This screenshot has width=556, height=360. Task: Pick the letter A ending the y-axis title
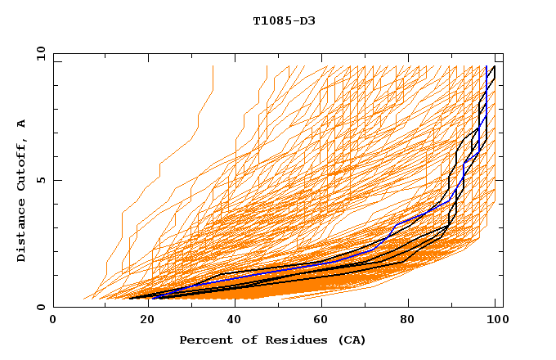pos(21,123)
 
